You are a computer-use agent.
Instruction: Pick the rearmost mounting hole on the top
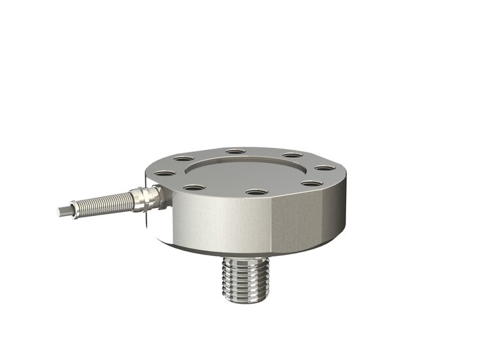point(235,153)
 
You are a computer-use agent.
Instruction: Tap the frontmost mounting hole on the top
point(255,193)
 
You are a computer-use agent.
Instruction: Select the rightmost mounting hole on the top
point(325,168)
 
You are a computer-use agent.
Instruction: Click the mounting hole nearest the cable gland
point(165,173)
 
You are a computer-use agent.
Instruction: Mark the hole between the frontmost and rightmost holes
point(308,185)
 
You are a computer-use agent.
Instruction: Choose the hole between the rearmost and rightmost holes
point(291,156)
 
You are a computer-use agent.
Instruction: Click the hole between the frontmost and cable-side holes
point(192,188)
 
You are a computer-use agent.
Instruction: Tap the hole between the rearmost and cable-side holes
point(184,158)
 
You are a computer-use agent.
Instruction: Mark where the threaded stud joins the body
point(245,257)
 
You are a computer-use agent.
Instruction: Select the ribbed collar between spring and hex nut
point(136,198)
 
